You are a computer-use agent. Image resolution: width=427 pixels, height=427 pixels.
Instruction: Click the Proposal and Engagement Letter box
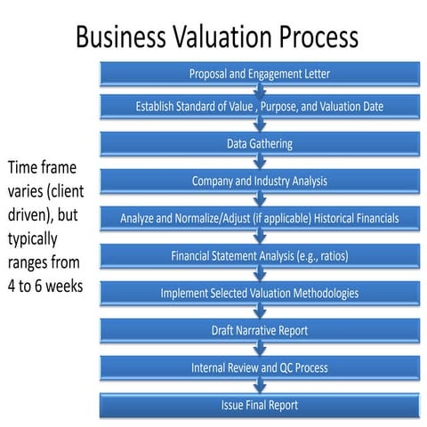pyautogui.click(x=261, y=73)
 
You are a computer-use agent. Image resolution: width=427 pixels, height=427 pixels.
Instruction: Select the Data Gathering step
pyautogui.click(x=261, y=143)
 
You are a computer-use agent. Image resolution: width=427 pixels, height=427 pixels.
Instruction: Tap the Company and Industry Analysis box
pyautogui.click(x=261, y=181)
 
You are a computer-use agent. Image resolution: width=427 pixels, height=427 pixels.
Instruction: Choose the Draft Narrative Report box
pyautogui.click(x=261, y=330)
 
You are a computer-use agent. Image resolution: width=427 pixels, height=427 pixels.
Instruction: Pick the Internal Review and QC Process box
pyautogui.click(x=261, y=367)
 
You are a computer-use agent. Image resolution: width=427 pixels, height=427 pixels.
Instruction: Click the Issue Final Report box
pyautogui.click(x=261, y=405)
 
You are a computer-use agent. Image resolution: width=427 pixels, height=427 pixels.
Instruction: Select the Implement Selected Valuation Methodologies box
pyautogui.click(x=261, y=293)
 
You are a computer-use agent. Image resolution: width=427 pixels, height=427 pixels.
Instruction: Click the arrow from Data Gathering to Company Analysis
pyautogui.click(x=260, y=162)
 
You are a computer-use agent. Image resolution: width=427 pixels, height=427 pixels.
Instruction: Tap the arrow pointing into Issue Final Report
pyautogui.click(x=260, y=386)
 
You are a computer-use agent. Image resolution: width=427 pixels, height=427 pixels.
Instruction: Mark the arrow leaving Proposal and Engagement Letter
pyautogui.click(x=260, y=90)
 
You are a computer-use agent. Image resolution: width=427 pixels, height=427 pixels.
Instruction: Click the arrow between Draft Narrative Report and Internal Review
pyautogui.click(x=260, y=349)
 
